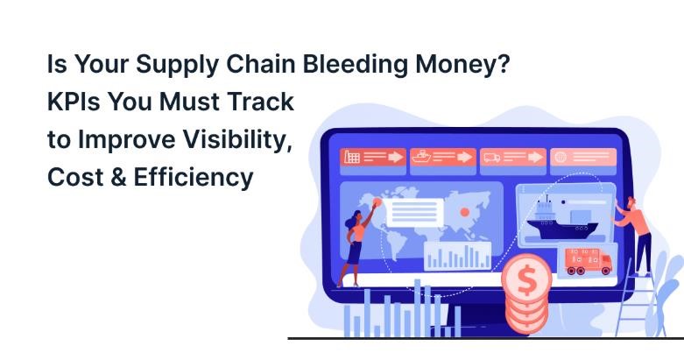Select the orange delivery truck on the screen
[588, 261]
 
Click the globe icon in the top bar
[559, 158]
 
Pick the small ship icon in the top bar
[421, 158]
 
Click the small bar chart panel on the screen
[457, 255]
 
